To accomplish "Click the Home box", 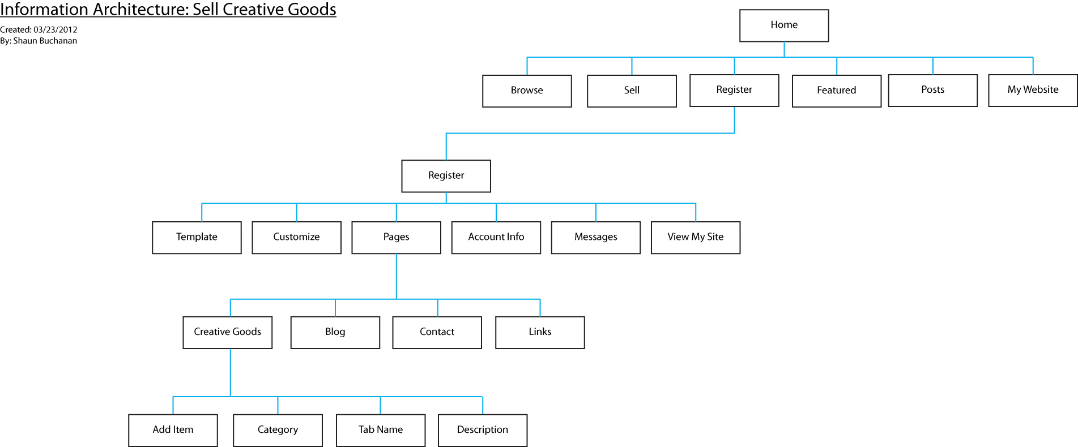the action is pyautogui.click(x=784, y=25).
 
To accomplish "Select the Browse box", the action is pyautogui.click(x=527, y=91).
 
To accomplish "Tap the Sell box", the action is pyautogui.click(x=632, y=91).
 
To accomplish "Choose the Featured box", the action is pyautogui.click(x=837, y=91).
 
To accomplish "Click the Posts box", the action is pyautogui.click(x=933, y=90).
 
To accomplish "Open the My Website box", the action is pyautogui.click(x=1033, y=90).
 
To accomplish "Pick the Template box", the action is pyautogui.click(x=197, y=237).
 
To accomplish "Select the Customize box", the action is pyautogui.click(x=296, y=237).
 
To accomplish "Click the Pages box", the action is pyautogui.click(x=396, y=237).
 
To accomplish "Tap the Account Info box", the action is pyautogui.click(x=496, y=237).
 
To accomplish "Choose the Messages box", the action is pyautogui.click(x=596, y=237).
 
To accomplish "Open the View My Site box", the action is pyautogui.click(x=696, y=237).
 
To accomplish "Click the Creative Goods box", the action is pyautogui.click(x=228, y=332).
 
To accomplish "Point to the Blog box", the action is pyautogui.click(x=335, y=332).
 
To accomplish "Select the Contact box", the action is pyautogui.click(x=437, y=332).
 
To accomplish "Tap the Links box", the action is pyautogui.click(x=540, y=332).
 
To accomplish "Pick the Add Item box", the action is pyautogui.click(x=173, y=430).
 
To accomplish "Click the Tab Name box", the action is pyautogui.click(x=381, y=430).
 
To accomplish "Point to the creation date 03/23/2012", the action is pyautogui.click(x=56, y=29).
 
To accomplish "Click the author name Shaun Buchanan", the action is pyautogui.click(x=45, y=41).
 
